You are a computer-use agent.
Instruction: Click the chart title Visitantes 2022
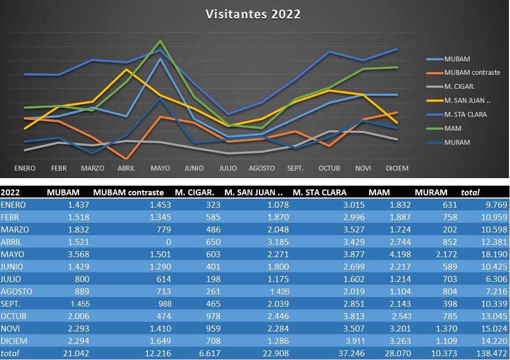click(x=253, y=15)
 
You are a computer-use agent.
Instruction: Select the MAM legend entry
click(x=453, y=129)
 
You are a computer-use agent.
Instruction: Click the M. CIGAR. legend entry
click(x=459, y=87)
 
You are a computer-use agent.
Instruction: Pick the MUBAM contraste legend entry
click(x=472, y=73)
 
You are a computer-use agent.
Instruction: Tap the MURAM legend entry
click(x=457, y=143)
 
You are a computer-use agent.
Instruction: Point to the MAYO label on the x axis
click(x=160, y=168)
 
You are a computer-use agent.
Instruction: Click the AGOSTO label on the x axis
click(x=261, y=168)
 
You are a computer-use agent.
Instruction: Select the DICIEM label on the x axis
click(x=397, y=168)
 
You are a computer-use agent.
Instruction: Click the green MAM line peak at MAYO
click(x=160, y=41)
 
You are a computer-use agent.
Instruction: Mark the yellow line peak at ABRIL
click(x=126, y=69)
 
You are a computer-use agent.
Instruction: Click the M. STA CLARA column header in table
click(x=320, y=192)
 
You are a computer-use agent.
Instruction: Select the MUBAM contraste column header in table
click(x=129, y=192)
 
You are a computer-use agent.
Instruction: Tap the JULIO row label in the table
click(x=12, y=279)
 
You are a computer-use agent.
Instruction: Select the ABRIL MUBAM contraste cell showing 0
click(x=168, y=242)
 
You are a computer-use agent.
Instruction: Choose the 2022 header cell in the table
click(x=10, y=192)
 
